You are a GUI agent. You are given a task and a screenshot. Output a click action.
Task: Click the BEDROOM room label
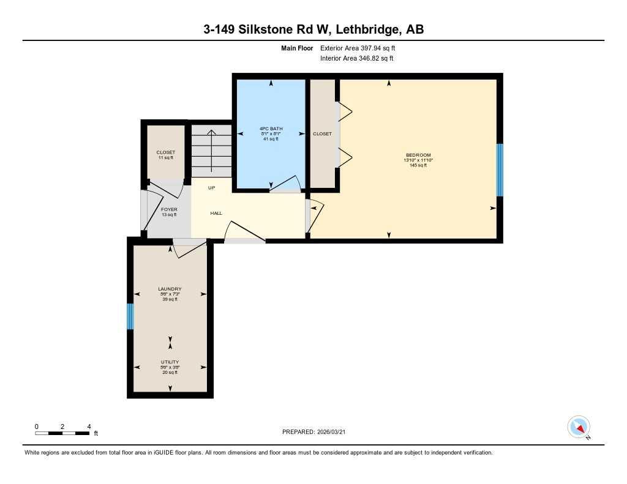[418, 155]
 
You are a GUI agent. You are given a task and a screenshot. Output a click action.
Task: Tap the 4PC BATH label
[271, 128]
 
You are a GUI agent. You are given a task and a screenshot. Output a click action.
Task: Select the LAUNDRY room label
[170, 289]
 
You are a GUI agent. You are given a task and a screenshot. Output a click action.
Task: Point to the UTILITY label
[170, 362]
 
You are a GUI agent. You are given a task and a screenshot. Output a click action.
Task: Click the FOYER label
[169, 209]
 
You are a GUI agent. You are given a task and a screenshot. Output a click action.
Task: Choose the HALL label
[216, 213]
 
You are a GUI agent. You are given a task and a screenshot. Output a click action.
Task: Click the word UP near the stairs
[211, 188]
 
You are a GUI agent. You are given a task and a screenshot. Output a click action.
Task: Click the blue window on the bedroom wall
[500, 169]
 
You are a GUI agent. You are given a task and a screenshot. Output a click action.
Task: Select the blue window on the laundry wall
[130, 316]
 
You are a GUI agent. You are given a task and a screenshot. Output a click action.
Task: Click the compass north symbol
[579, 427]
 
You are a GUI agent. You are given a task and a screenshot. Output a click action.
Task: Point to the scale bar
[62, 433]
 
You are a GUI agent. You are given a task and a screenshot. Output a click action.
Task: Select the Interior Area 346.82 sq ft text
[356, 59]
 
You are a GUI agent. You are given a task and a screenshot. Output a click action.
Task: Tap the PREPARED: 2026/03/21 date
[317, 432]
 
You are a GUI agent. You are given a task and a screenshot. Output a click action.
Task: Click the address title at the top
[313, 29]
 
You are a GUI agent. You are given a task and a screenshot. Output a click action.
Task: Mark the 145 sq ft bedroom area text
[418, 165]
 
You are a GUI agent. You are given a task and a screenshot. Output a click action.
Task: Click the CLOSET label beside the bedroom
[322, 133]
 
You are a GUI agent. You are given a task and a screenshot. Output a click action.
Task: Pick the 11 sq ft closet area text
[165, 158]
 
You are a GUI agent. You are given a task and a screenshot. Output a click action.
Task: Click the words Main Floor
[298, 48]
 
